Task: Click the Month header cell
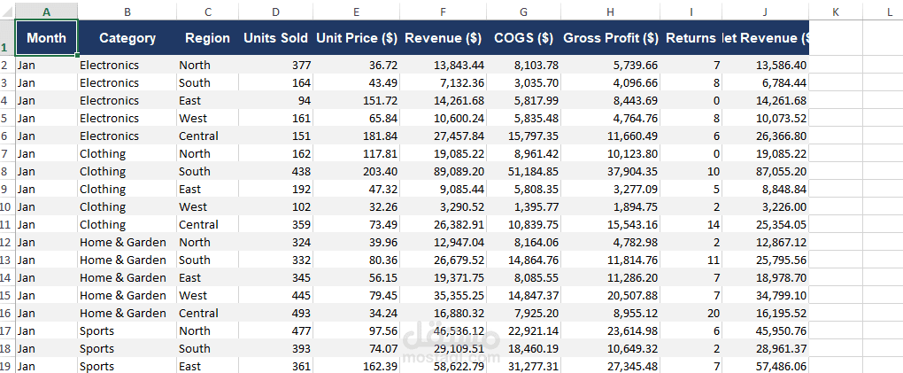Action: point(47,38)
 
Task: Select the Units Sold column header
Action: point(276,38)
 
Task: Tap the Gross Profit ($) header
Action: point(611,38)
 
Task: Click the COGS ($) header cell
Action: point(523,38)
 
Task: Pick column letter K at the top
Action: point(836,11)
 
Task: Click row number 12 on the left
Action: point(7,242)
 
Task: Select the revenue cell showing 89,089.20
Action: point(459,171)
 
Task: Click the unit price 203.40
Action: point(380,171)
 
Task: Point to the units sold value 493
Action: point(301,313)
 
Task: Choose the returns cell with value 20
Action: point(714,313)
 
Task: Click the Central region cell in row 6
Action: point(198,136)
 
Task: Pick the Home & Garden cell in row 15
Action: point(123,295)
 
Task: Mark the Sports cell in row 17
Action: point(96,330)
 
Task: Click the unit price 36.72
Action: point(383,66)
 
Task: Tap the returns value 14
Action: point(714,224)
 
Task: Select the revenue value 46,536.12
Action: point(459,330)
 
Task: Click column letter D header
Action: point(276,11)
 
